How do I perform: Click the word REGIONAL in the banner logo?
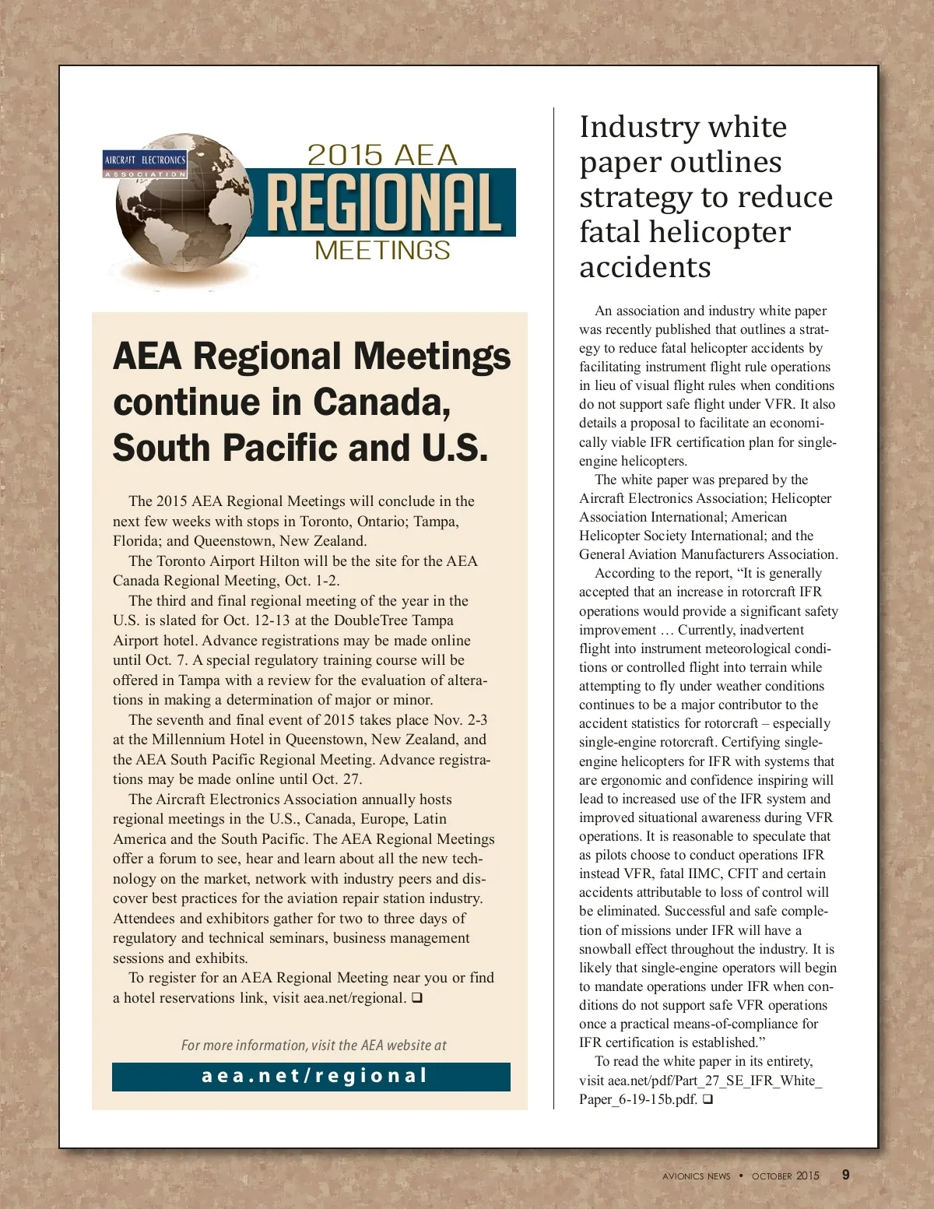(x=384, y=203)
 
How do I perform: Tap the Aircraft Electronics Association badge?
(x=146, y=164)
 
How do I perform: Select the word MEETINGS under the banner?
(x=382, y=251)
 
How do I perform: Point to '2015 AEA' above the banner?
(x=382, y=155)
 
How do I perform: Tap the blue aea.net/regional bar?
(x=311, y=1077)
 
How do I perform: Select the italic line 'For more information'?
(x=314, y=1046)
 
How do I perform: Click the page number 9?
(x=846, y=1175)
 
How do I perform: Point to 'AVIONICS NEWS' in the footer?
(x=697, y=1176)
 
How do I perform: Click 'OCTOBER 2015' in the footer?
(x=785, y=1176)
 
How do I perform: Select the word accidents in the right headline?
(x=645, y=267)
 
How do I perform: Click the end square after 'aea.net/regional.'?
(x=417, y=997)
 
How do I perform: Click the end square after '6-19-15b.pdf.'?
(x=708, y=1099)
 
